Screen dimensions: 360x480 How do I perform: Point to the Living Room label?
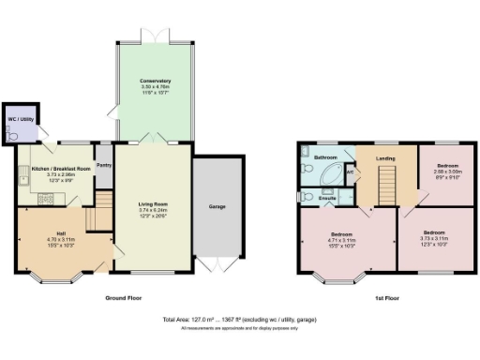click(x=152, y=202)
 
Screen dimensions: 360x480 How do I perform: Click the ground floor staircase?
click(x=92, y=222)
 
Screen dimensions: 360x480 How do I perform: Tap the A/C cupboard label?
click(x=349, y=172)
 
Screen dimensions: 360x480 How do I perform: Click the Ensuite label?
click(x=328, y=199)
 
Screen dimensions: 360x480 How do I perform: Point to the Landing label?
click(x=385, y=157)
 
